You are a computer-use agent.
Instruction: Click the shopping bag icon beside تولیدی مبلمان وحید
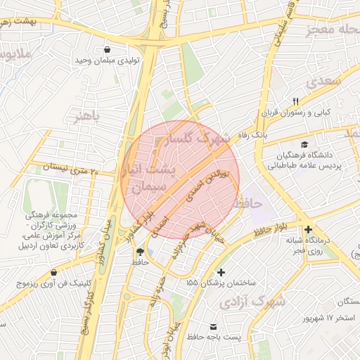107,50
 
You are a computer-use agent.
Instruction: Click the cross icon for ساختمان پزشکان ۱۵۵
221,272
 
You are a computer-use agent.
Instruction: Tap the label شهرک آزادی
252,302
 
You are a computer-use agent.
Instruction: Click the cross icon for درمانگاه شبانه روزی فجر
308,230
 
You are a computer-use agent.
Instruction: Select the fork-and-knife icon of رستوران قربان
295,101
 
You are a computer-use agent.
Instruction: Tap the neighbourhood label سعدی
323,82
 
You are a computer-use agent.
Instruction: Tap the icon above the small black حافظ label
141,251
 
